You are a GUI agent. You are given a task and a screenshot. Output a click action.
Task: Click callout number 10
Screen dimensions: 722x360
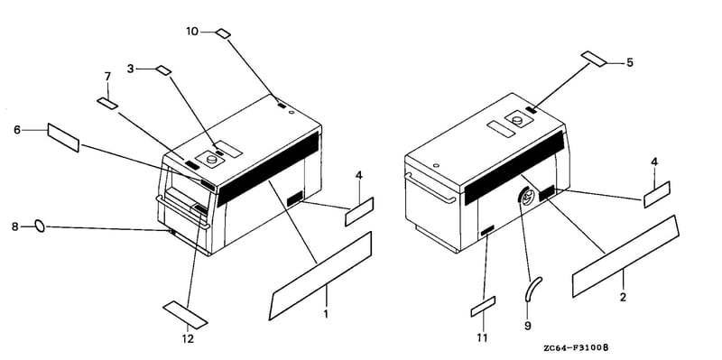pyautogui.click(x=192, y=32)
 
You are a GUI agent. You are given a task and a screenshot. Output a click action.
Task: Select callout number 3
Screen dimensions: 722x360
pyautogui.click(x=130, y=69)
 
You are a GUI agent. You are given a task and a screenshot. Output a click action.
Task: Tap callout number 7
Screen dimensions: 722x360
pyautogui.click(x=107, y=76)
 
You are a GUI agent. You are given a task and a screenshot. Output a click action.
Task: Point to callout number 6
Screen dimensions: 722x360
pyautogui.click(x=17, y=130)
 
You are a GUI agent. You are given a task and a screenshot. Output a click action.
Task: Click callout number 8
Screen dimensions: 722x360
pyautogui.click(x=14, y=226)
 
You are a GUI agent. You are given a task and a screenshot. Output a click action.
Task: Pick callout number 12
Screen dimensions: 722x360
pyautogui.click(x=188, y=339)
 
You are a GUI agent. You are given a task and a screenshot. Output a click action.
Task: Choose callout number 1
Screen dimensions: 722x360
pyautogui.click(x=326, y=315)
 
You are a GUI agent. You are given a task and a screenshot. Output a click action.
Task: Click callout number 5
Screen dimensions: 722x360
pyautogui.click(x=629, y=62)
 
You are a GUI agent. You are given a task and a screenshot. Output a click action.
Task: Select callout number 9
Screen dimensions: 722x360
pyautogui.click(x=528, y=326)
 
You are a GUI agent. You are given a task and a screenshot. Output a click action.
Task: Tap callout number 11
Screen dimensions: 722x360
pyautogui.click(x=482, y=338)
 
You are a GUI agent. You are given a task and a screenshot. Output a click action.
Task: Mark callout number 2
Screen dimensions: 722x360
pyautogui.click(x=623, y=298)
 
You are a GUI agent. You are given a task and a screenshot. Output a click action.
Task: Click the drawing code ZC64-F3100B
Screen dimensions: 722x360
pyautogui.click(x=576, y=348)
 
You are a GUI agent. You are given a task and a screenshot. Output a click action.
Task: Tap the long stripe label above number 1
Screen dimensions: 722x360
pyautogui.click(x=320, y=276)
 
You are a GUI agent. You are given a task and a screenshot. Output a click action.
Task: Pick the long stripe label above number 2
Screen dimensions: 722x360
pyautogui.click(x=625, y=256)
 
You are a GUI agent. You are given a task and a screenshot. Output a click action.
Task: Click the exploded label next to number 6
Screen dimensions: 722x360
pyautogui.click(x=63, y=137)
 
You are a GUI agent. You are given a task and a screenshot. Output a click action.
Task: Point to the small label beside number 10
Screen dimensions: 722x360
pyautogui.click(x=223, y=33)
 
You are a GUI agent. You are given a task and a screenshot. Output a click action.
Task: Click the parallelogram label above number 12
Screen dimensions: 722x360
pyautogui.click(x=186, y=315)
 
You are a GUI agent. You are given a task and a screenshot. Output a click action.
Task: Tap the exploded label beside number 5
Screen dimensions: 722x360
pyautogui.click(x=594, y=59)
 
